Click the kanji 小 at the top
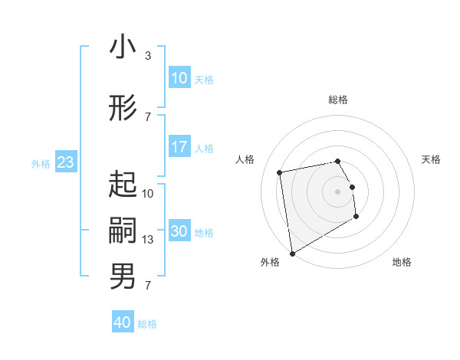tap(123, 47)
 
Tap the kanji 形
tap(123, 109)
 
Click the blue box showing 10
tap(179, 78)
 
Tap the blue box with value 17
tap(179, 147)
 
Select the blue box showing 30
tap(179, 231)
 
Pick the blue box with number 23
tap(65, 162)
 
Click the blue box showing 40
tap(123, 322)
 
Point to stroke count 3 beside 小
tap(148, 56)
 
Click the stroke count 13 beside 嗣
tap(148, 240)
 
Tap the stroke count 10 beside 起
tap(148, 194)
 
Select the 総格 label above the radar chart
tap(338, 100)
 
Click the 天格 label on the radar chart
tap(431, 159)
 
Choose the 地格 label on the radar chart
tap(402, 262)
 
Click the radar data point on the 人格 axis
tap(280, 172)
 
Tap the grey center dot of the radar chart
tap(338, 191)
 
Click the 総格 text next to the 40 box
tap(147, 324)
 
